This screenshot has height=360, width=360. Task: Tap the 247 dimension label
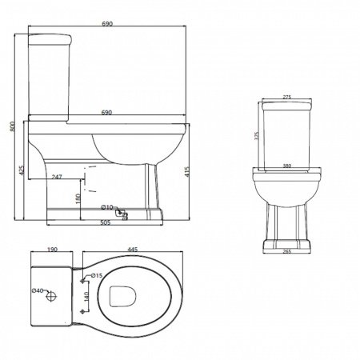pyautogui.click(x=57, y=175)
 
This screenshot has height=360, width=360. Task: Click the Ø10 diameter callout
pyautogui.click(x=107, y=208)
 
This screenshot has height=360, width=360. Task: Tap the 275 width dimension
pyautogui.click(x=286, y=98)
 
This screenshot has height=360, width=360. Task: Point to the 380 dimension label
pyautogui.click(x=286, y=167)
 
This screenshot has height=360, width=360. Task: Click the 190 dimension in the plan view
pyautogui.click(x=52, y=250)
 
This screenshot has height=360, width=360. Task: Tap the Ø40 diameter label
pyautogui.click(x=37, y=291)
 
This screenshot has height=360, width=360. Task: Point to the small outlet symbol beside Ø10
pyautogui.click(x=121, y=213)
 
